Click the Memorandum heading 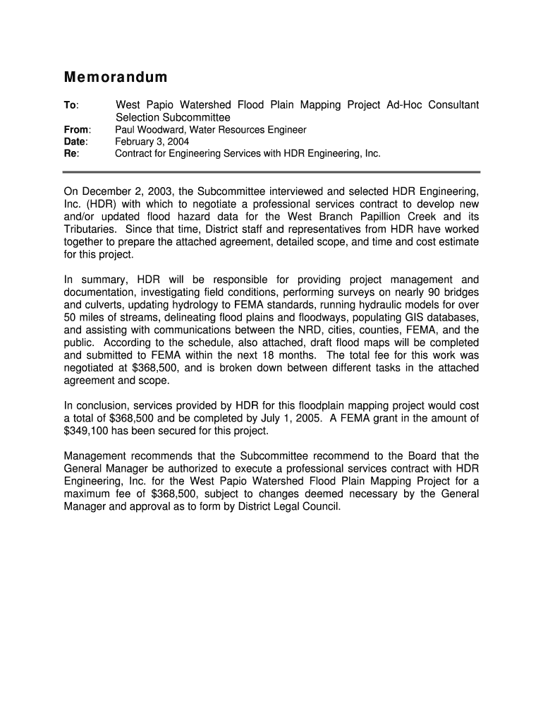coord(116,77)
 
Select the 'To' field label coord(71,105)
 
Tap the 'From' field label coord(76,130)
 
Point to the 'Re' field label coord(71,153)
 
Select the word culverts coord(106,305)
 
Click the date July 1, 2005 coord(328,419)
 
